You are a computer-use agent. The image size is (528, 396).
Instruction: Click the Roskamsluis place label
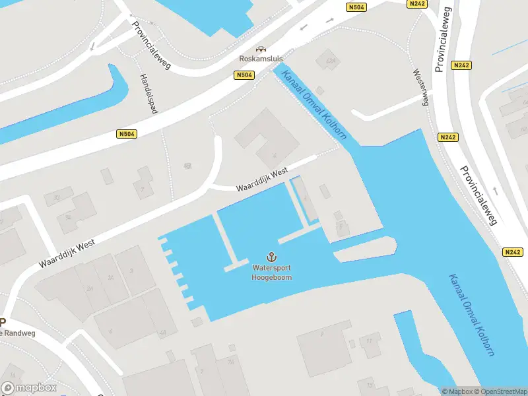point(261,58)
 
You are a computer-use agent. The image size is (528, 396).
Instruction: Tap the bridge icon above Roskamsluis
point(261,49)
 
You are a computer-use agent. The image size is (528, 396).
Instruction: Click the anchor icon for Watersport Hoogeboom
point(271,257)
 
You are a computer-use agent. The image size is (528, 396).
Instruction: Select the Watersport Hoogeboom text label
point(271,273)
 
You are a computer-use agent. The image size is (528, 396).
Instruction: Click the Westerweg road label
point(420,87)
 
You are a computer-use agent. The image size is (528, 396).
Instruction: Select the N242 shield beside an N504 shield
point(417,4)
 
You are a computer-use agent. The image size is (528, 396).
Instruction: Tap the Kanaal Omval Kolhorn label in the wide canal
point(471,314)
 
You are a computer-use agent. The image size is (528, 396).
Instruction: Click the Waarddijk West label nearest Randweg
point(67,253)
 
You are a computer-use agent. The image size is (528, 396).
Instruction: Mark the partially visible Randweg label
point(16,333)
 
